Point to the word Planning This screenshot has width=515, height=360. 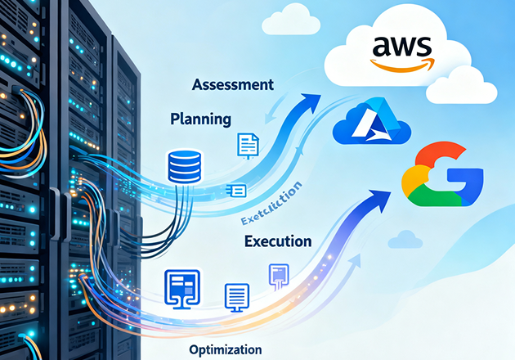pos(200,119)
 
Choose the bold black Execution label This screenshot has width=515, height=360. pos(278,241)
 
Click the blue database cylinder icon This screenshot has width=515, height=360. pos(182,165)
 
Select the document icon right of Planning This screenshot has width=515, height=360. pos(248,145)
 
